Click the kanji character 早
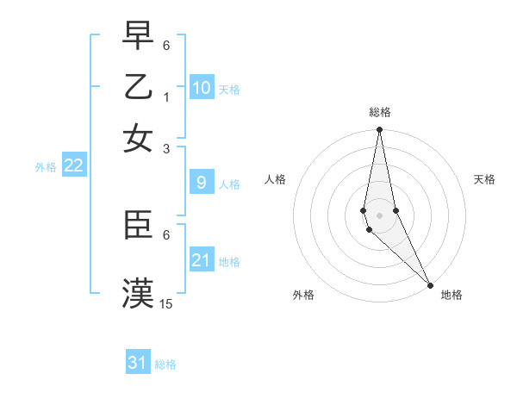click(x=139, y=35)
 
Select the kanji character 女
click(x=139, y=138)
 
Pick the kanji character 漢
click(x=139, y=293)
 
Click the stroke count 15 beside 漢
click(x=167, y=303)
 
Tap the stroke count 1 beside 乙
click(x=167, y=97)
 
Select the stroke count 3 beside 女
click(x=167, y=148)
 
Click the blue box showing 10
click(x=202, y=87)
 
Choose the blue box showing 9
click(x=202, y=183)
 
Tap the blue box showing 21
click(x=202, y=259)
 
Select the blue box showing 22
click(x=73, y=165)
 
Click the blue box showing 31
click(x=138, y=363)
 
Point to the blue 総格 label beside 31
click(x=165, y=364)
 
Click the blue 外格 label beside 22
click(x=46, y=167)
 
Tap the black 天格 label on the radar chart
click(x=485, y=179)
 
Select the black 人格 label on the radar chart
click(x=276, y=179)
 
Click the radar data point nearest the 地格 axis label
click(x=430, y=285)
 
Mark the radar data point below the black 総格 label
click(x=379, y=130)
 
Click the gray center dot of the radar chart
click(x=379, y=215)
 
